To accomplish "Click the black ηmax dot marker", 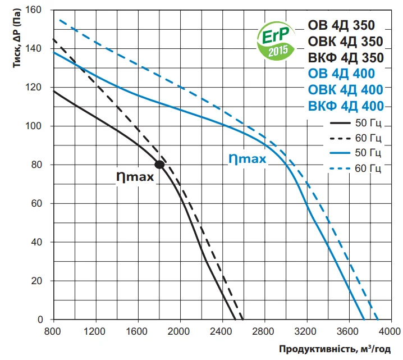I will point(159,165).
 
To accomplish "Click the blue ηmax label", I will point(247,158).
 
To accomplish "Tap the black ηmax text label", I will point(135,176).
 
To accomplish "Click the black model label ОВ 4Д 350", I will point(341,25).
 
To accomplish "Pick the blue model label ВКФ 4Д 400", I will point(346,106).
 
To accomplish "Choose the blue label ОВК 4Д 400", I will point(346,90).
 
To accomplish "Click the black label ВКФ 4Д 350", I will point(346,58).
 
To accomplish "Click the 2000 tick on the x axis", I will point(180,330).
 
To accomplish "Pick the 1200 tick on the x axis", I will point(96,330).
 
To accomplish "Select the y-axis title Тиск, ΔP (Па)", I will point(16,40).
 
